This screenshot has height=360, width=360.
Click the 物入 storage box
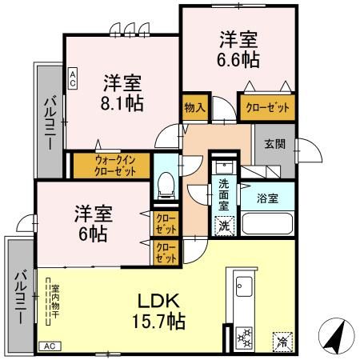click(x=194, y=106)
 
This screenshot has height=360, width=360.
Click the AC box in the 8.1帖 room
click(x=73, y=78)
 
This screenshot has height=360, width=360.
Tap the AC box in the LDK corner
click(x=49, y=346)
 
